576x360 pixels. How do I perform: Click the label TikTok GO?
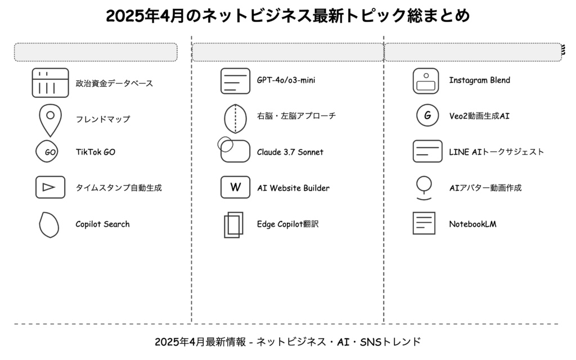click(x=96, y=152)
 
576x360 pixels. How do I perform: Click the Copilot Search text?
click(x=102, y=224)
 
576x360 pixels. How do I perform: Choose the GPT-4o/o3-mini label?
click(x=286, y=80)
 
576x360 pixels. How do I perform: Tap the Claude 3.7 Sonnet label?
click(x=290, y=152)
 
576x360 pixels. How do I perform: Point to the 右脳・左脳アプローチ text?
click(x=296, y=116)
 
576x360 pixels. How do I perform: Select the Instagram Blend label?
click(x=479, y=80)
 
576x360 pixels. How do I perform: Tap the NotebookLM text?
click(x=472, y=224)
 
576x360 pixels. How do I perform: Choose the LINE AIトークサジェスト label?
click(x=496, y=152)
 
